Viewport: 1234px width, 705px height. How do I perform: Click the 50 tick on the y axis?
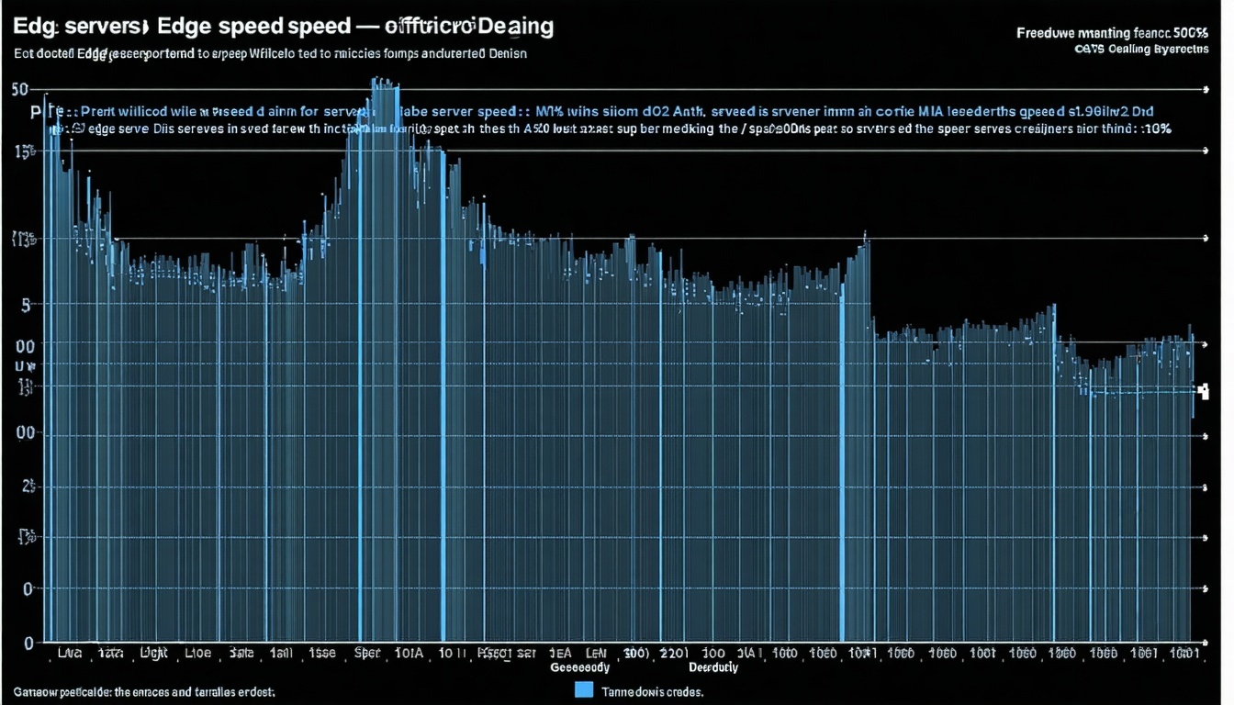click(20, 89)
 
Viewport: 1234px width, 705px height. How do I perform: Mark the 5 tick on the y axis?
click(26, 304)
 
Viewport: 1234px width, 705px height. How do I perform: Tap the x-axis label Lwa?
click(69, 654)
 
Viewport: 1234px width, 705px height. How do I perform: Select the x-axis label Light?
click(153, 654)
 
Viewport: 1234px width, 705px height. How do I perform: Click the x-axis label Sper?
click(367, 654)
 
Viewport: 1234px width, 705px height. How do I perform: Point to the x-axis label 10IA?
click(408, 654)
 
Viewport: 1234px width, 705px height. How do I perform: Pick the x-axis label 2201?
click(675, 654)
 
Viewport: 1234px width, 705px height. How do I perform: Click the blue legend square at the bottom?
click(584, 689)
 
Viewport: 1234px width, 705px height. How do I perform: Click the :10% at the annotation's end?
click(1154, 129)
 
